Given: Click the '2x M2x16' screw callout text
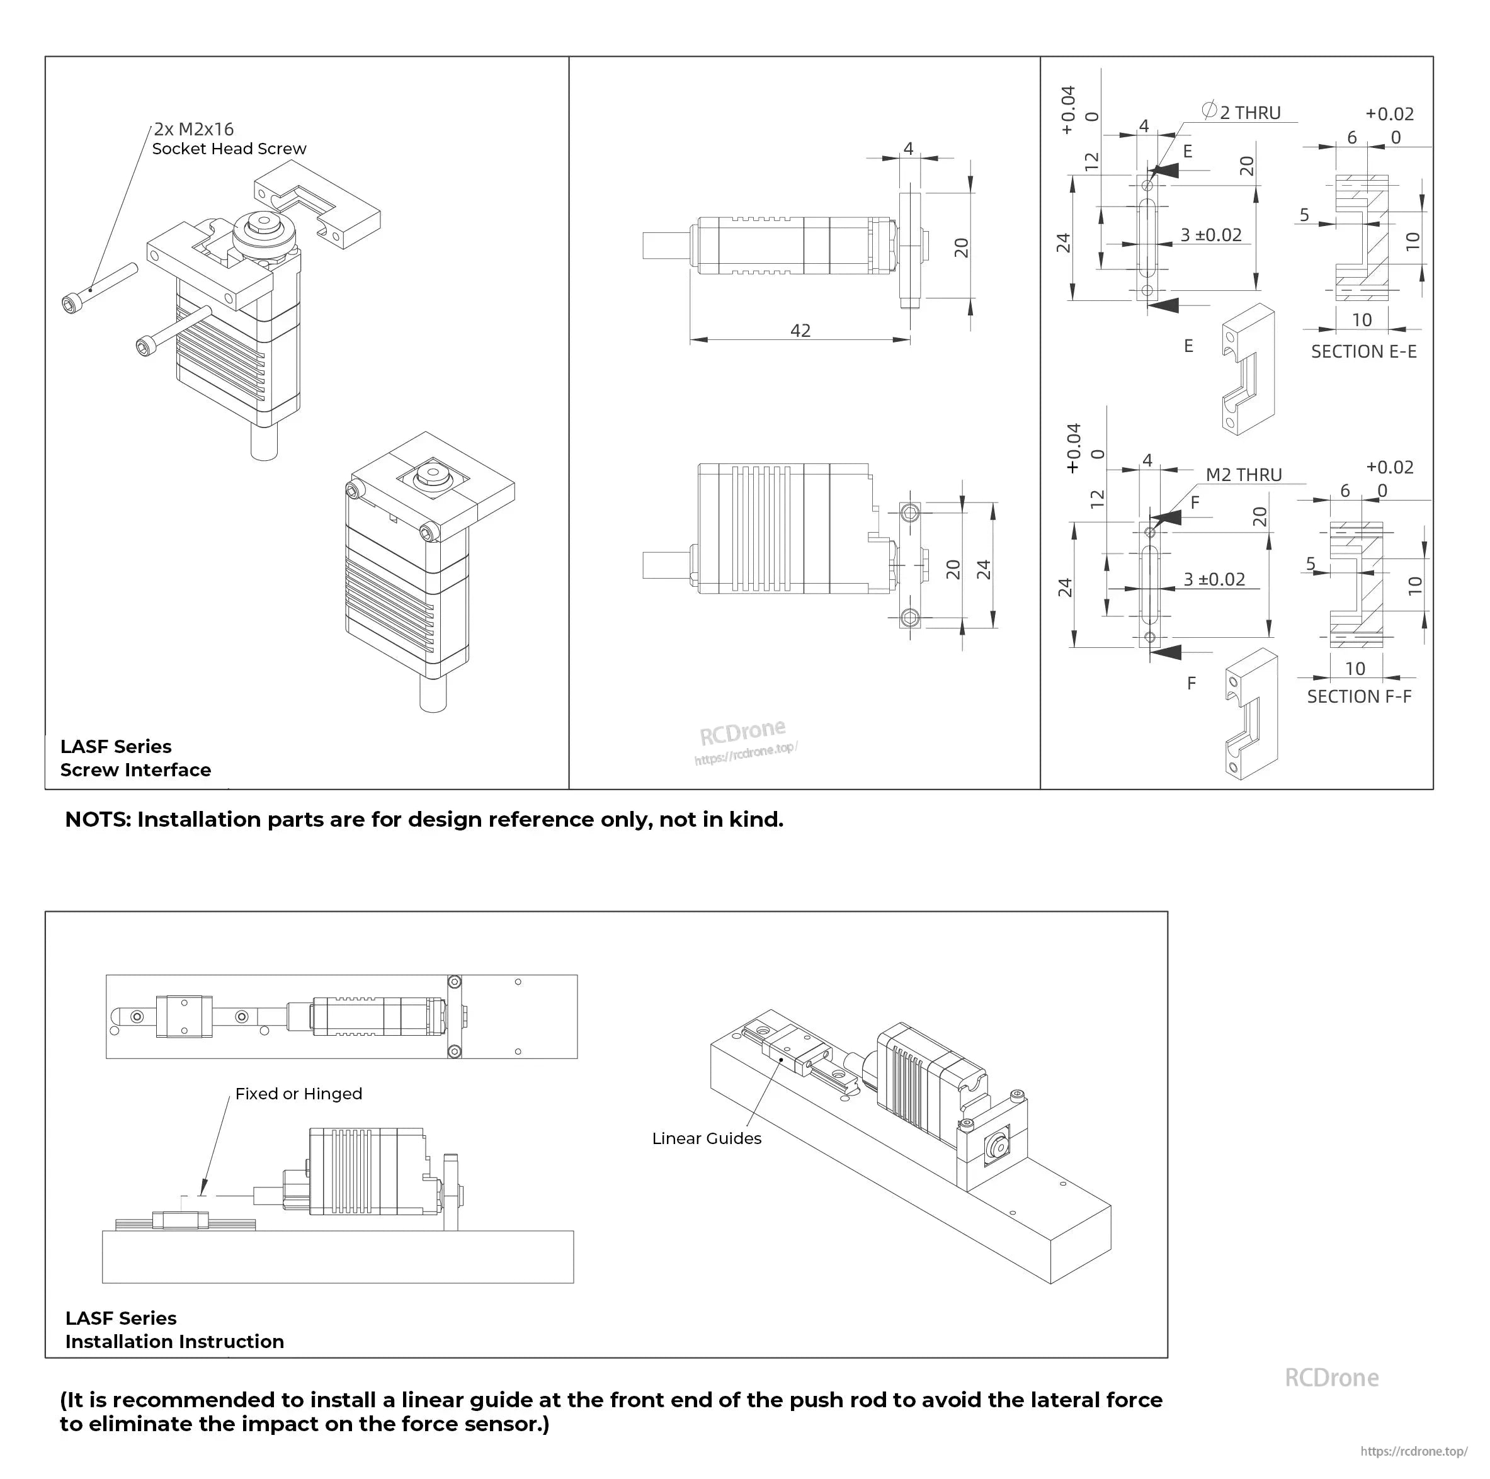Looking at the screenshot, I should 193,130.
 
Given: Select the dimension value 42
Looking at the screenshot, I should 800,331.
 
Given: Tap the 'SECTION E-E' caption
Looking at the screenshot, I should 1363,351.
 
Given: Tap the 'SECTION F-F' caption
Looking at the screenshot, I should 1359,696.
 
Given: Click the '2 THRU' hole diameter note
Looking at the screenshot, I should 1249,113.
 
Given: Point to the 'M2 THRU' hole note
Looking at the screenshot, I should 1243,475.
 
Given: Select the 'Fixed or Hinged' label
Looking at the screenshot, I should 299,1094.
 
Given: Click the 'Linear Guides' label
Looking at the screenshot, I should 707,1138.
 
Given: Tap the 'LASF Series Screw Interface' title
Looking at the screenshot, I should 135,758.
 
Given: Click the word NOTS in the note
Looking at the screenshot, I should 97,820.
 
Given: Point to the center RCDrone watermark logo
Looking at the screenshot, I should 742,732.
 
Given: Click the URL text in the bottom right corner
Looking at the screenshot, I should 1414,1451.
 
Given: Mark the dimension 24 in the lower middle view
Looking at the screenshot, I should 983,569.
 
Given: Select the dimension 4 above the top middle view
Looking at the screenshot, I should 909,148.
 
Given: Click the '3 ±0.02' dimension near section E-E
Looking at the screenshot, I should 1211,235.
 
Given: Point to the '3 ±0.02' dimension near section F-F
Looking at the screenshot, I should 1214,579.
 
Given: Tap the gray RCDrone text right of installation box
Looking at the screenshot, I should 1332,1378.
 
